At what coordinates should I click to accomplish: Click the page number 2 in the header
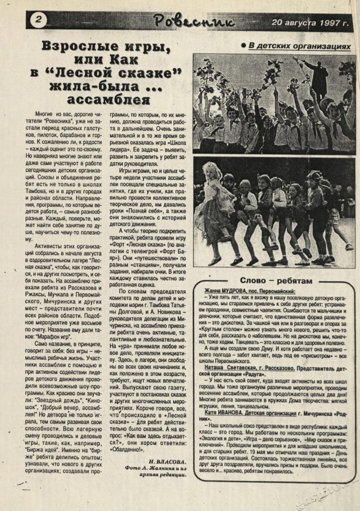pos(38,20)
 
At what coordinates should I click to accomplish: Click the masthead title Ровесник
pos(193,21)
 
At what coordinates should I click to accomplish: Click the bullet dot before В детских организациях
pos(243,46)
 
